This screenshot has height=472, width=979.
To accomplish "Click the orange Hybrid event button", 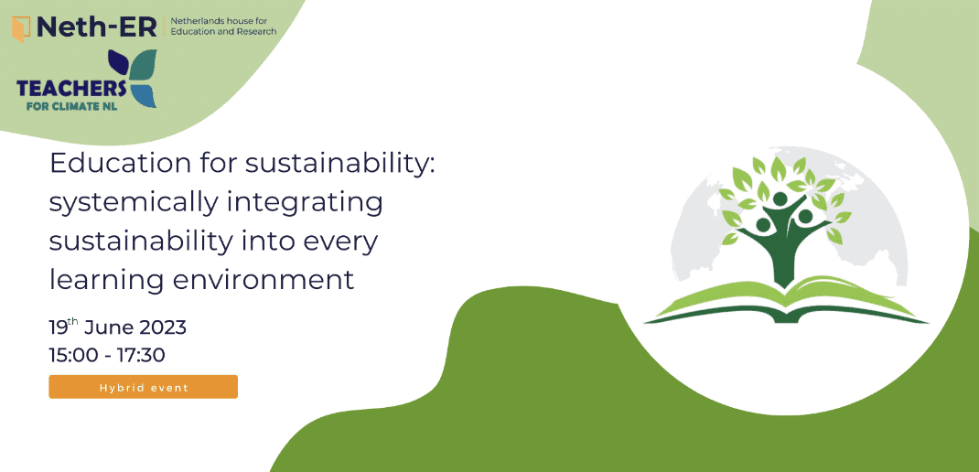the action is pos(143,387).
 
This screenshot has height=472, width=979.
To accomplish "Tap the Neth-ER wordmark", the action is pos(97,27).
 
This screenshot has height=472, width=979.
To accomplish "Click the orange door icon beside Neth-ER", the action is pos(22,28).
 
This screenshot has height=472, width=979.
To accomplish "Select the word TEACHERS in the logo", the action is pos(71,89).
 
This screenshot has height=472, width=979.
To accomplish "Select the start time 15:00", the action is pos(71,355).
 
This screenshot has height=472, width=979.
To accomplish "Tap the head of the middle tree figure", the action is pos(780,199).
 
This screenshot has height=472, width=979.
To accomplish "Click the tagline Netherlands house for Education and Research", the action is pos(223,27).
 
